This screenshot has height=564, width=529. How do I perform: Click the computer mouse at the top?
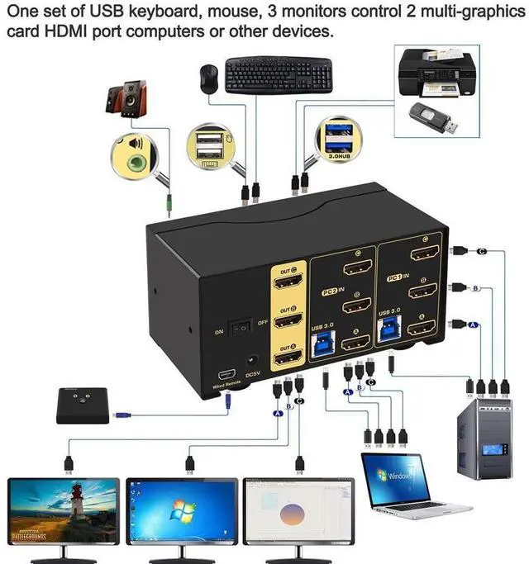click(x=207, y=78)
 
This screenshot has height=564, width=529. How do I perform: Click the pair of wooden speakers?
click(x=126, y=97)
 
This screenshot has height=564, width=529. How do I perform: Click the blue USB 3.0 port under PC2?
click(x=321, y=341)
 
